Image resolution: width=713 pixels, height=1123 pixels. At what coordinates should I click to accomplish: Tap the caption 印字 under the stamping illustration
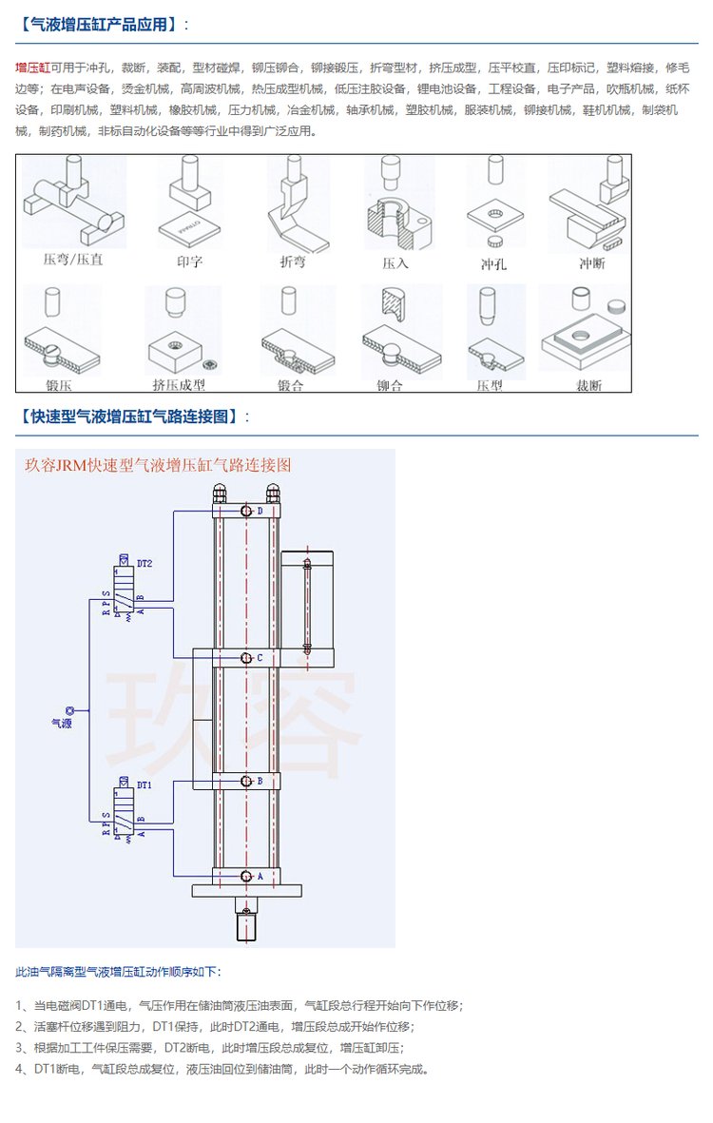pyautogui.click(x=189, y=261)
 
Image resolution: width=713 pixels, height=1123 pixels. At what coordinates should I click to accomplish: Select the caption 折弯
pyautogui.click(x=292, y=261)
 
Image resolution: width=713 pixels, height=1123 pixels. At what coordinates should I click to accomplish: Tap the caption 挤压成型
pyautogui.click(x=179, y=384)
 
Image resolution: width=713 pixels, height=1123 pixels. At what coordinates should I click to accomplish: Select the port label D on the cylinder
pyautogui.click(x=260, y=511)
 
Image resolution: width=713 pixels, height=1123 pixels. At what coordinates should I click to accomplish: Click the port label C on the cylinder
pyautogui.click(x=260, y=657)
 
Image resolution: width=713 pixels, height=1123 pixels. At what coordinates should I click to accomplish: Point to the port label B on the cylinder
pyautogui.click(x=260, y=781)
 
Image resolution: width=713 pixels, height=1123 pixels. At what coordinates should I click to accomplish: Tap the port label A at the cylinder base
pyautogui.click(x=260, y=877)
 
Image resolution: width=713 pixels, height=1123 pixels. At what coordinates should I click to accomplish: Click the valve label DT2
pyautogui.click(x=145, y=563)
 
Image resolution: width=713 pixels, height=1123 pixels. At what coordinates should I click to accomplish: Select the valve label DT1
pyautogui.click(x=145, y=785)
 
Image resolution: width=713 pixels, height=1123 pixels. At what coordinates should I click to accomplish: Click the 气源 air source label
pyautogui.click(x=62, y=723)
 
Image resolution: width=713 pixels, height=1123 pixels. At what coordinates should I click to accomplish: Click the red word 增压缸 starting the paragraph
pyautogui.click(x=33, y=68)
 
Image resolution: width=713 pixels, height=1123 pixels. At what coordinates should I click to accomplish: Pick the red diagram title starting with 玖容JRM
pyautogui.click(x=158, y=465)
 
